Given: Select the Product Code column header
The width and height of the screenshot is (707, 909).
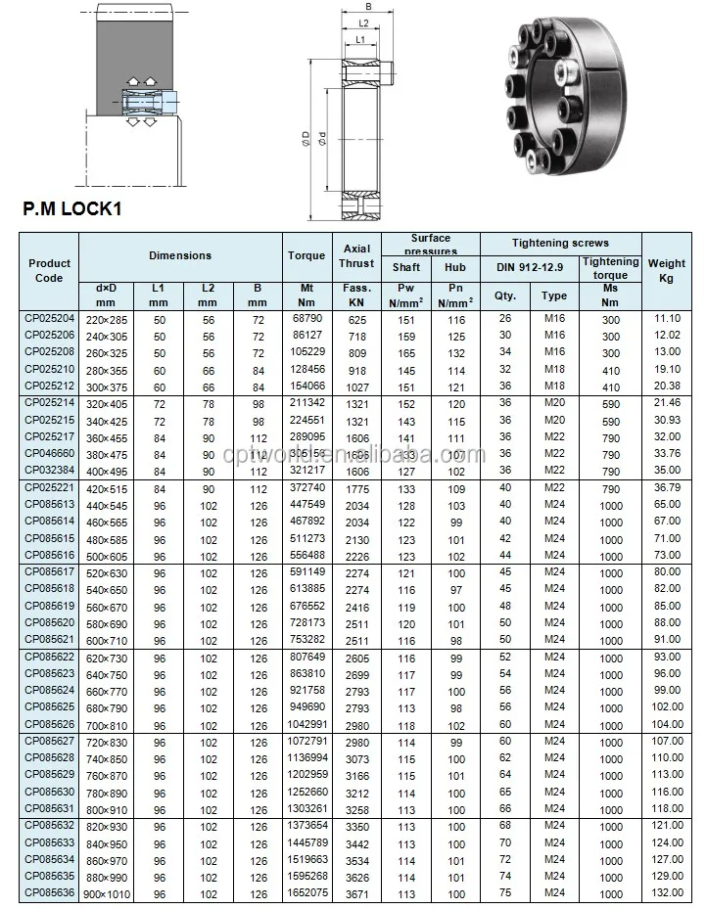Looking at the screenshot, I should (49, 270).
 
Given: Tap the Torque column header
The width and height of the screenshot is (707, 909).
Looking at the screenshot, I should (306, 255).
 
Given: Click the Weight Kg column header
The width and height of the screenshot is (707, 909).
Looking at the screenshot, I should (667, 270).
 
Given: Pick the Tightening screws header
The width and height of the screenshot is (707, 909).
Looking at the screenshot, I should (560, 243).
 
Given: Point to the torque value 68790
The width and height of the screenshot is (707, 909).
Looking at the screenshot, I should (306, 320).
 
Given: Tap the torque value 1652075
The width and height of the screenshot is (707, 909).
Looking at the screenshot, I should (306, 893).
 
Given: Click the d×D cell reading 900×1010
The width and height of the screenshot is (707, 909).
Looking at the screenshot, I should (107, 892).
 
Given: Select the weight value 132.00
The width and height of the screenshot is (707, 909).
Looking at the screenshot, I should (667, 893).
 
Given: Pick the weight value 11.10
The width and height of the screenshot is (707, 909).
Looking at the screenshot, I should (667, 320).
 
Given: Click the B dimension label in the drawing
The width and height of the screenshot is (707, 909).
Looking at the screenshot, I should (368, 8).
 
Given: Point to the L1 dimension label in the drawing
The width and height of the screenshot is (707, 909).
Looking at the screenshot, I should (360, 39).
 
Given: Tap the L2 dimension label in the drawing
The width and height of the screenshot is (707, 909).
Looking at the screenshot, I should (363, 23).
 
